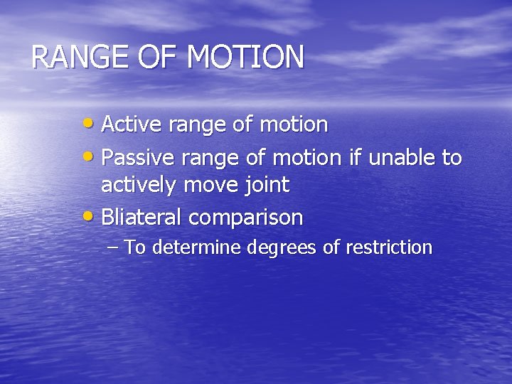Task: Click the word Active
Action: coord(128,124)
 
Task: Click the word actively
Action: coord(140,186)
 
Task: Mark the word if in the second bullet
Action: coord(354,156)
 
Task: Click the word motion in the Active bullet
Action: coord(293,124)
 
